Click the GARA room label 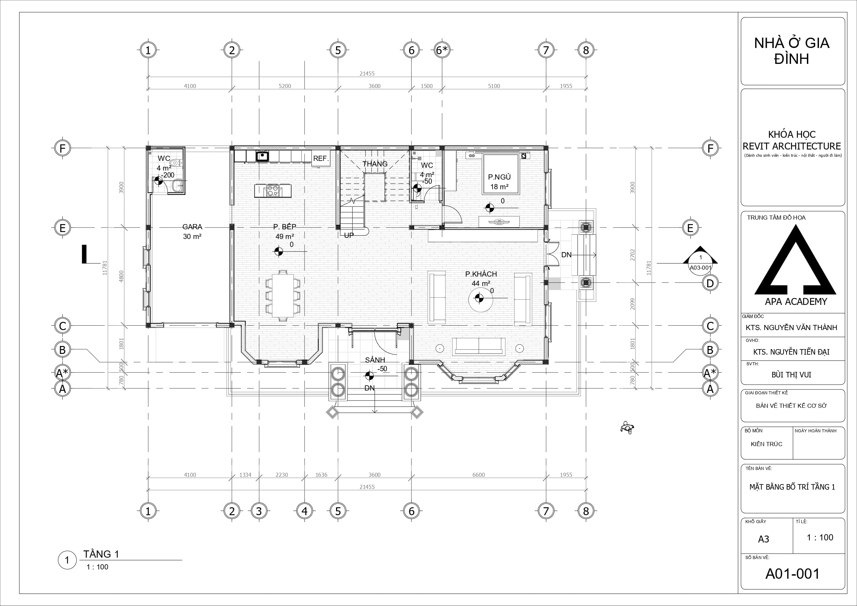point(192,227)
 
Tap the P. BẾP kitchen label point(284,227)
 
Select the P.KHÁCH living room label point(481,274)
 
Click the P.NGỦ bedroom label point(499,177)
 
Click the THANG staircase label point(375,164)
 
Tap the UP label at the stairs point(349,235)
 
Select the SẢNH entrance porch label point(375,360)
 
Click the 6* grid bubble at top point(442,50)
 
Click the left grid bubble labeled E point(62,228)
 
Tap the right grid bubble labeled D point(710,283)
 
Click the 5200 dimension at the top point(285,86)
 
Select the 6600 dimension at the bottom point(478,475)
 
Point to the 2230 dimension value point(282,475)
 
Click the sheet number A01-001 point(792,574)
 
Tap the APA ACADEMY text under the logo point(796,301)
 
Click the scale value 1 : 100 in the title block point(820,537)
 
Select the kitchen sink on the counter point(263,156)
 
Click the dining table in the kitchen point(283,295)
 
